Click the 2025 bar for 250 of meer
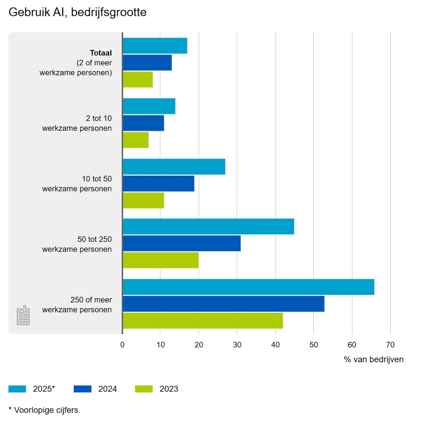click(249, 287)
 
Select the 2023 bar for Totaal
click(138, 79)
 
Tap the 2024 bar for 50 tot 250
click(182, 243)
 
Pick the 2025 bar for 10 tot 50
click(174, 167)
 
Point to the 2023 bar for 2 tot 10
click(136, 140)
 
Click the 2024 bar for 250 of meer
click(224, 304)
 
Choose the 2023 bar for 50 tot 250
click(161, 260)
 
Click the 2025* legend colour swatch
click(17, 389)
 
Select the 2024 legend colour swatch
click(82, 389)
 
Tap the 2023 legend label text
click(169, 389)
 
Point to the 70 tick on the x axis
click(390, 345)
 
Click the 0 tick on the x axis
click(123, 345)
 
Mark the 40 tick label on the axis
click(275, 345)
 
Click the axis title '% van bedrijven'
click(374, 359)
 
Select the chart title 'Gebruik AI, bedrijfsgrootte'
click(77, 13)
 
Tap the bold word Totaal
click(101, 53)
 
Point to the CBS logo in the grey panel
click(23, 315)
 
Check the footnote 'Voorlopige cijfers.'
click(47, 410)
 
